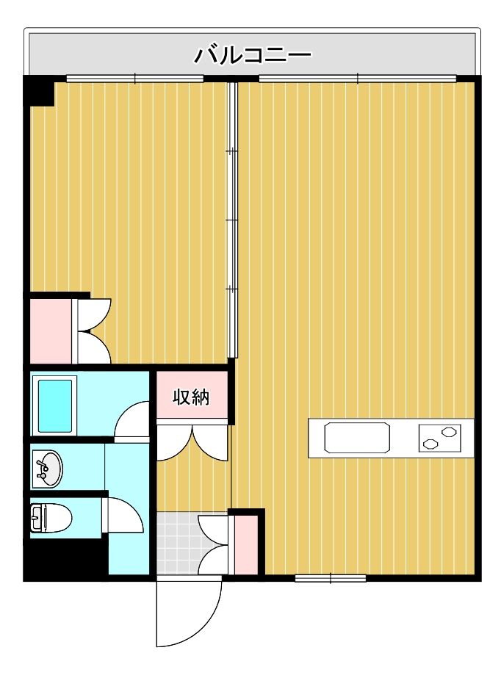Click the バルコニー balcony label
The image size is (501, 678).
tap(252, 55)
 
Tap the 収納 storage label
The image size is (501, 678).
tap(191, 397)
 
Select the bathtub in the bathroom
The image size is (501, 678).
tap(54, 405)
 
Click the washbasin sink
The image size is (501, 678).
tap(47, 469)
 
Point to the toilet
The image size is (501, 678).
tap(50, 518)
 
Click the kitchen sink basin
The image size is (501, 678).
tap(357, 438)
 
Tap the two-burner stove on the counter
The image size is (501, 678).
tap(439, 438)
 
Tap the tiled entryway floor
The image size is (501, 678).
tap(177, 543)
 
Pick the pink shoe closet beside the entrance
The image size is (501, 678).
tap(245, 545)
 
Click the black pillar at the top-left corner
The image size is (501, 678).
tap(38, 91)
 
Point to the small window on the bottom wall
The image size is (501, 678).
tap(331, 577)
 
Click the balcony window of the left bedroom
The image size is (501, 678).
tap(135, 79)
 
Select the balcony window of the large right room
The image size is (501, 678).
tap(358, 79)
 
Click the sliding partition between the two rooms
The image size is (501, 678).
tap(233, 220)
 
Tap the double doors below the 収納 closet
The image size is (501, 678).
tap(192, 442)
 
